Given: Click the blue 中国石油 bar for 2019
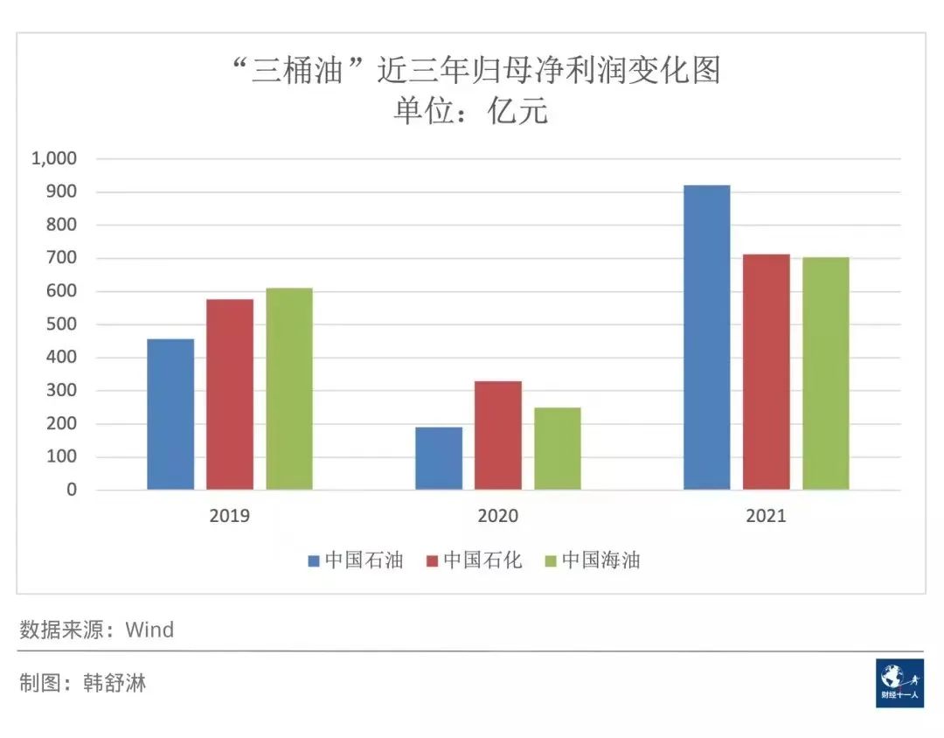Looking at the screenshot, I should (x=170, y=414).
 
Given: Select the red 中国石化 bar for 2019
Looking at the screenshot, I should (x=230, y=394).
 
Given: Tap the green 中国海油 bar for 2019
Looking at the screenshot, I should (x=289, y=388).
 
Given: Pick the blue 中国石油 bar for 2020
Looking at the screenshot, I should (x=439, y=458).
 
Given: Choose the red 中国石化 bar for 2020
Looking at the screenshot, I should (x=498, y=435).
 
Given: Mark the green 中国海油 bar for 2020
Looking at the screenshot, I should (x=558, y=448).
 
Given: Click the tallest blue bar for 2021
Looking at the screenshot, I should (x=706, y=338).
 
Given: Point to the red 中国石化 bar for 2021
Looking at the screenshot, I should (x=767, y=372).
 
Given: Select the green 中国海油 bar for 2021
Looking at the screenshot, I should (x=826, y=373).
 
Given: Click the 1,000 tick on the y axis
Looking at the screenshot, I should (x=54, y=158).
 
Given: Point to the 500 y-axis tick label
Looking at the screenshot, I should (x=62, y=324).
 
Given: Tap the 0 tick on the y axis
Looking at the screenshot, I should (x=72, y=490).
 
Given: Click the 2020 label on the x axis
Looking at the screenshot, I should (x=497, y=516).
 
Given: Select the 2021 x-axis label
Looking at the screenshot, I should (x=766, y=516).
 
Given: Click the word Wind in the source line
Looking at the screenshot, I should (x=149, y=630).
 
